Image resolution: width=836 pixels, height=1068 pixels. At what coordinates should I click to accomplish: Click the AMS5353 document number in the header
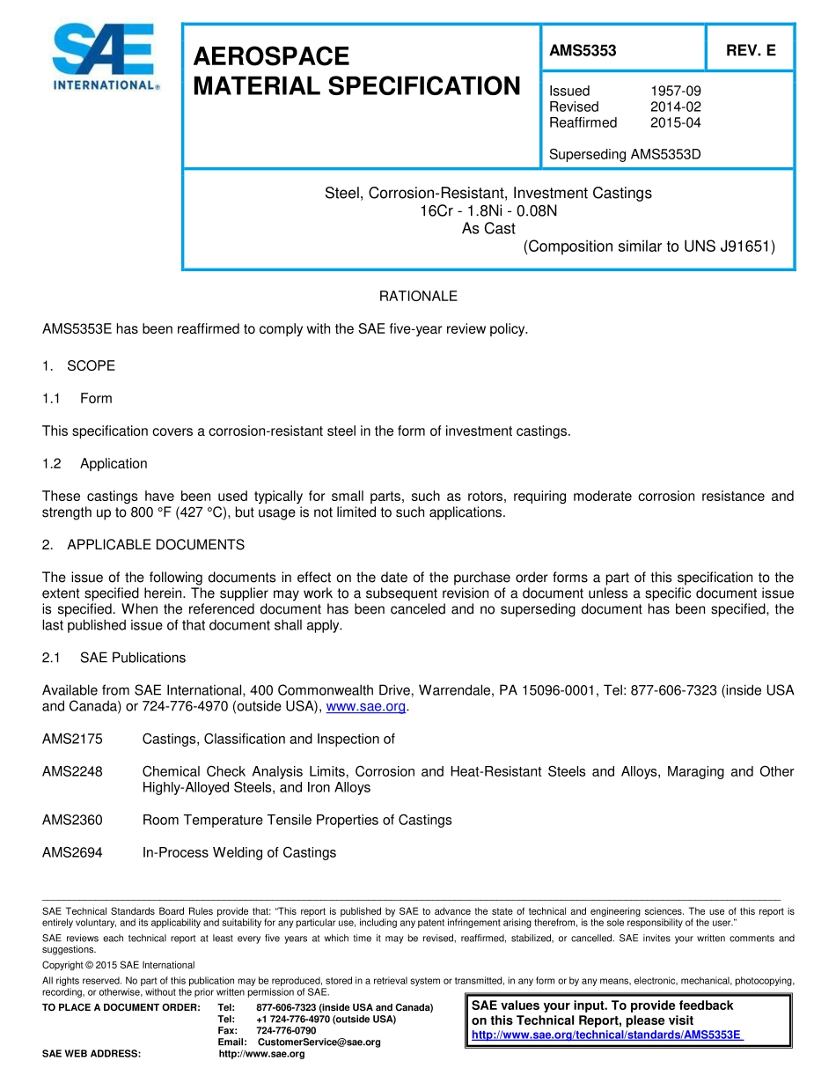click(x=583, y=51)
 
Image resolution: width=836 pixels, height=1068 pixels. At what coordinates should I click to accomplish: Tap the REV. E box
click(x=750, y=51)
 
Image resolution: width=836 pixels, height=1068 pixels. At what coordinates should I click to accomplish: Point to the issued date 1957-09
click(x=675, y=91)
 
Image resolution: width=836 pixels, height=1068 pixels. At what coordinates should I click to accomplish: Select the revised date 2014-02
click(x=675, y=107)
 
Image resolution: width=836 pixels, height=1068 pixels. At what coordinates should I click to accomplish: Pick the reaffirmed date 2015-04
click(x=675, y=122)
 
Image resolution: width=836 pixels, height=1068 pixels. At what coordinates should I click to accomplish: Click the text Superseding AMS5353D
click(x=625, y=155)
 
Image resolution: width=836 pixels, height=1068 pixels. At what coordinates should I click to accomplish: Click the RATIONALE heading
click(x=418, y=297)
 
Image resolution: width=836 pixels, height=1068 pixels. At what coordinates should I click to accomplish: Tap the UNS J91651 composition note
click(x=649, y=247)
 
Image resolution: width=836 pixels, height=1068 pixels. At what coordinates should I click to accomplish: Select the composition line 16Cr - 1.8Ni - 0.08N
click(x=488, y=211)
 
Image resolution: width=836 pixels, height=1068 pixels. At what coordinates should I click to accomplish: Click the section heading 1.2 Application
click(x=95, y=464)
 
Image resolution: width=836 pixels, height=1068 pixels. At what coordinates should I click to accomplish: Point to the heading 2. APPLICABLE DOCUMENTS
click(x=143, y=545)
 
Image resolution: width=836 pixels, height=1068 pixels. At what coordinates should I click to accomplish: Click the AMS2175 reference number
click(x=72, y=740)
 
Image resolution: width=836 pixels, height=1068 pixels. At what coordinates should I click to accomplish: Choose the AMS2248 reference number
click(x=72, y=772)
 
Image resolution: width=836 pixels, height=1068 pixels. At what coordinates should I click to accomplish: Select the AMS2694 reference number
click(x=72, y=853)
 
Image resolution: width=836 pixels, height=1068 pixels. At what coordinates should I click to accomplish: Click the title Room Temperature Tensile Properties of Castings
click(x=297, y=821)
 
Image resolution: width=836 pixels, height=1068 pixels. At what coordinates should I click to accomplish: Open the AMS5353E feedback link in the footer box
click(x=607, y=1035)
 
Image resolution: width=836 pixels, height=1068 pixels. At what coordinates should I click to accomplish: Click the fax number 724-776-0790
click(x=286, y=1030)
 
